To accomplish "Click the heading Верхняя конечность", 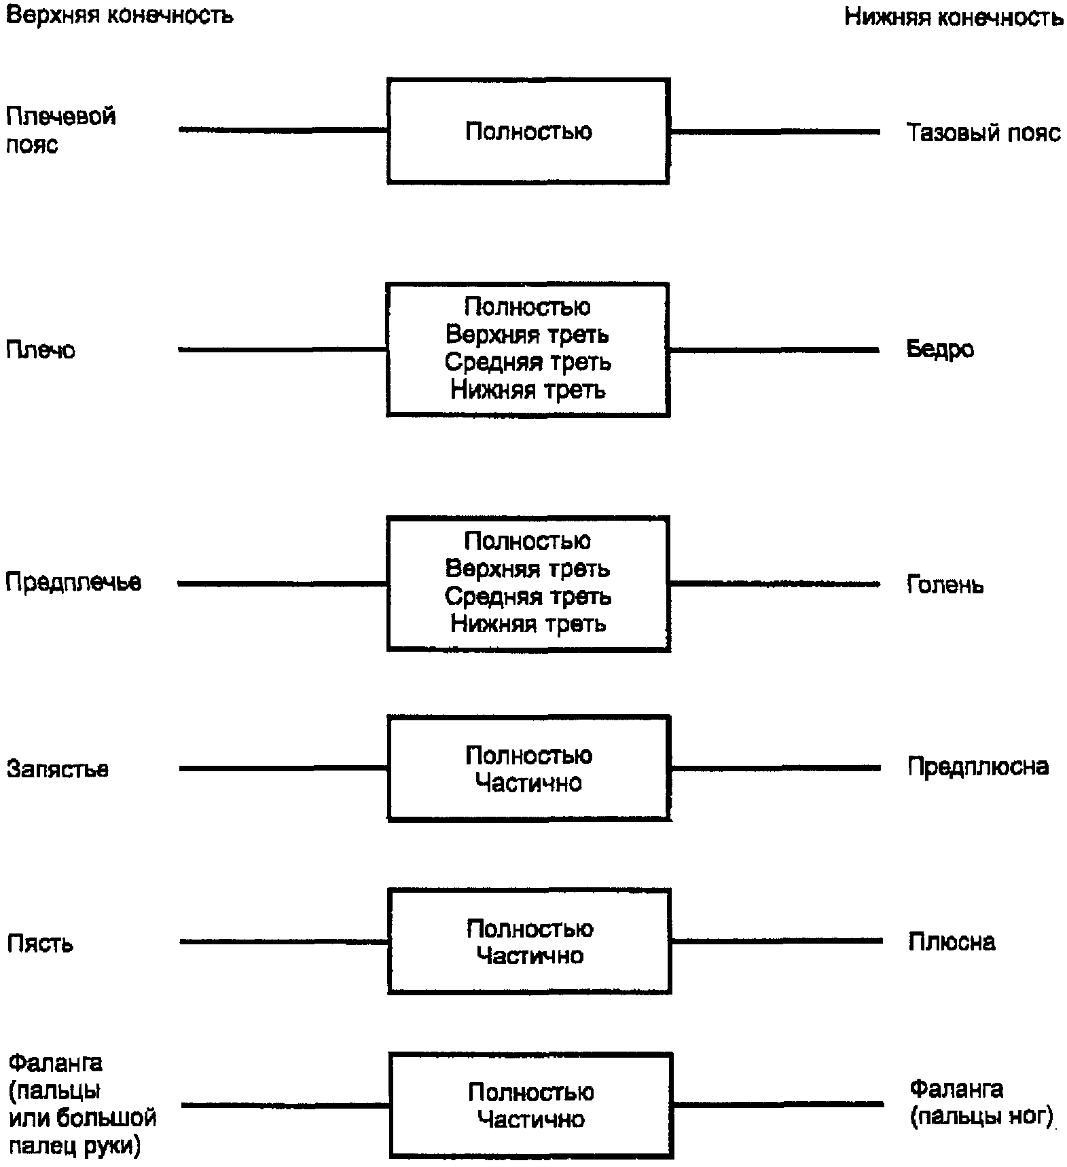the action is click(x=120, y=14).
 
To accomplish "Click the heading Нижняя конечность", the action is click(x=954, y=16).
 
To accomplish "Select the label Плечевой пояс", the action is click(x=60, y=130).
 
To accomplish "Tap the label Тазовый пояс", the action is click(x=983, y=132).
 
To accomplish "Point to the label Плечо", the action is click(x=40, y=350).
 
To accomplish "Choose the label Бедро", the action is click(x=940, y=349).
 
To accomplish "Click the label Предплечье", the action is click(x=73, y=582).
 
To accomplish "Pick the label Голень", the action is click(x=945, y=584).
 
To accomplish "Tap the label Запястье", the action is click(x=58, y=768).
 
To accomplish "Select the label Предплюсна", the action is click(x=978, y=766).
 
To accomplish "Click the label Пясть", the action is click(x=40, y=943).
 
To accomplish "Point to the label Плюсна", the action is click(x=952, y=942).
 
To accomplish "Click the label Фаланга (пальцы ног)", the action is click(x=981, y=1103).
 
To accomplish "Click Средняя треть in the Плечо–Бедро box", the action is click(x=528, y=363).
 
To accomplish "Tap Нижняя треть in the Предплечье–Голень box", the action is click(x=528, y=624).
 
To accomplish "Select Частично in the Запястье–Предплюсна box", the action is click(x=528, y=783).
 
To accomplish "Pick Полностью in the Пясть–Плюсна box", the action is click(x=530, y=929).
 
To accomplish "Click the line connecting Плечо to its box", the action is click(x=283, y=350).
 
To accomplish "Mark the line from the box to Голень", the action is click(x=774, y=583).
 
